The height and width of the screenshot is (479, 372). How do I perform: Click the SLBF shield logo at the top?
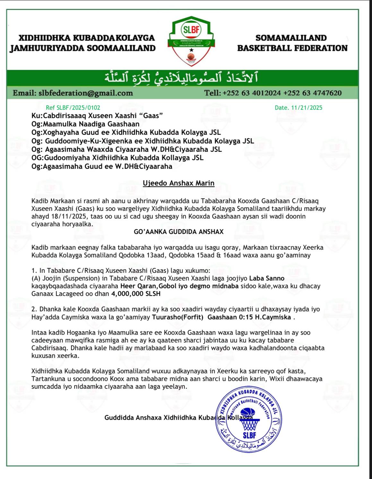pos(191,41)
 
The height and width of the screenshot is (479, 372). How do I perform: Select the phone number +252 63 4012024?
pos(252,93)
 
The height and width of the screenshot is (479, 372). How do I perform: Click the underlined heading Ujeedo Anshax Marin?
pos(178,183)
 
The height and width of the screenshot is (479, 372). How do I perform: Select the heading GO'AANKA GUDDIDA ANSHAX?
pos(178,231)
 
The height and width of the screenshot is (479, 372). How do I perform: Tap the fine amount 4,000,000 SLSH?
pos(136,293)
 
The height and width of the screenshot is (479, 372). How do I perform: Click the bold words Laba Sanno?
pos(267,278)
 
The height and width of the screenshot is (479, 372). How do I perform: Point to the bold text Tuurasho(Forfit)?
pos(177,317)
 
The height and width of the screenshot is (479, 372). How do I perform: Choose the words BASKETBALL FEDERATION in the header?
pos(292,48)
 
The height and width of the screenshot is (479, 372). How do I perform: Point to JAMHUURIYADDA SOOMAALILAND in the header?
pos(83,48)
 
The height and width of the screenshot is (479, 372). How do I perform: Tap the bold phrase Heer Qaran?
pos(135,286)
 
